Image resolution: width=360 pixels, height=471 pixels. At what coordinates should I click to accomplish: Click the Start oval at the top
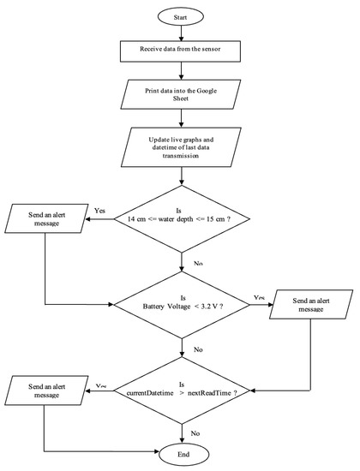(181, 15)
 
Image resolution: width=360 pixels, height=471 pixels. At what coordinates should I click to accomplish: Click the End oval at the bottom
(181, 452)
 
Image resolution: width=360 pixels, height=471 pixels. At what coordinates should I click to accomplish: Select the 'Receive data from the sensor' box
(181, 51)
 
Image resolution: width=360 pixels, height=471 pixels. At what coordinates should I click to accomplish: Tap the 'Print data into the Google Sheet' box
(181, 92)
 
